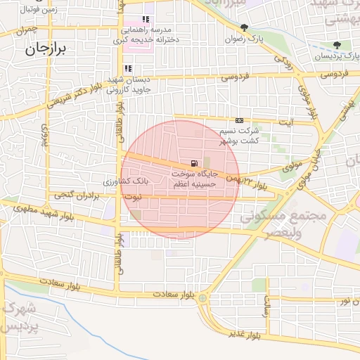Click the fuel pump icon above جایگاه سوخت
193,163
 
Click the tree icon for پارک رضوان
245,28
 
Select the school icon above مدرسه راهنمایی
146,20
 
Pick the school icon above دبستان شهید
128,68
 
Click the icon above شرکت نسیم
239,121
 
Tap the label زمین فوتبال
22,10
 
